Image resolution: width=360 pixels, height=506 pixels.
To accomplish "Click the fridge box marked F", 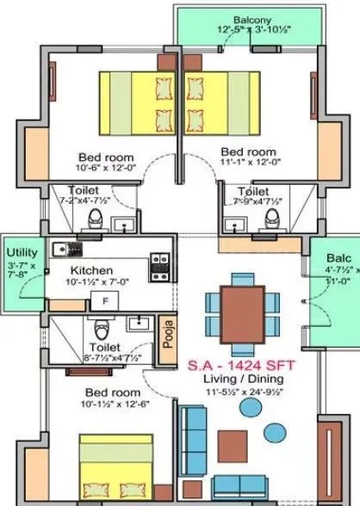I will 105,302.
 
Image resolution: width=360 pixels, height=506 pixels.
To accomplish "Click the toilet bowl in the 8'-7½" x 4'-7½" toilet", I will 102,330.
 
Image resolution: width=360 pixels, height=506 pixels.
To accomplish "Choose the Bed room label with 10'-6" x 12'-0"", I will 105,157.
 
